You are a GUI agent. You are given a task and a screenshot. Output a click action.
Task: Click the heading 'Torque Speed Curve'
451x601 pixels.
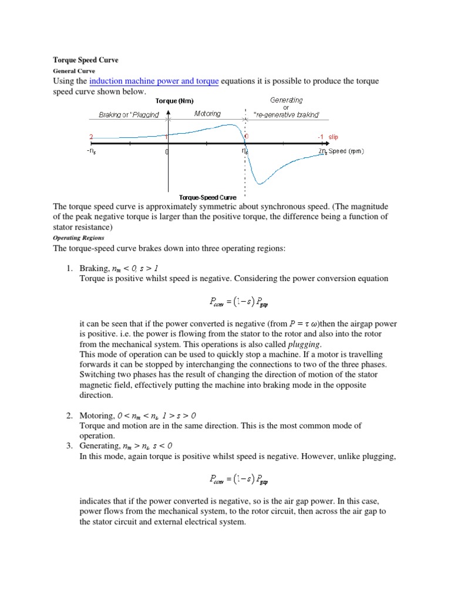click(x=86, y=60)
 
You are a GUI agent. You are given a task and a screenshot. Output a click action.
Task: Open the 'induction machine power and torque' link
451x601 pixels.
click(x=154, y=81)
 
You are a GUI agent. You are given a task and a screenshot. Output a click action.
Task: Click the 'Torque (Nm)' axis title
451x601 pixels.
click(x=174, y=101)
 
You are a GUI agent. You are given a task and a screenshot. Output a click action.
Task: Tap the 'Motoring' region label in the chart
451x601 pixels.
click(x=207, y=114)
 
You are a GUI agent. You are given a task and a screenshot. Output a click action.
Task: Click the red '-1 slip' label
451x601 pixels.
click(x=328, y=137)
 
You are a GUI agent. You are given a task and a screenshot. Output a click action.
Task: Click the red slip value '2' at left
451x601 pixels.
click(x=91, y=137)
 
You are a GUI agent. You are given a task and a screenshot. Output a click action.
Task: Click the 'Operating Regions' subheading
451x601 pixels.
click(x=79, y=238)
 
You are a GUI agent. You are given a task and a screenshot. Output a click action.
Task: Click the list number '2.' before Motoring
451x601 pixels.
click(x=69, y=416)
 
